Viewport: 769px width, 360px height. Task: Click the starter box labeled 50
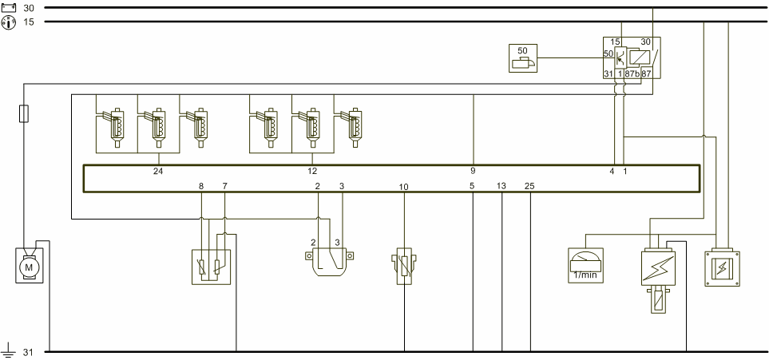(x=523, y=58)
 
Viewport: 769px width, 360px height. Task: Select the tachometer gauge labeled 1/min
(x=585, y=265)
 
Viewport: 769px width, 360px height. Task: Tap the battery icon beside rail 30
(x=9, y=7)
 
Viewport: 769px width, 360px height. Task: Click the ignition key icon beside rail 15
(x=9, y=22)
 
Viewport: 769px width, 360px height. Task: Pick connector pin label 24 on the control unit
(x=158, y=171)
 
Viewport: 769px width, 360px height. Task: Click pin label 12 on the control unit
(x=312, y=171)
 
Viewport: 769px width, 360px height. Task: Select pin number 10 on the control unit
(x=403, y=187)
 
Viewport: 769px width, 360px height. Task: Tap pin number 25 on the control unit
(x=529, y=186)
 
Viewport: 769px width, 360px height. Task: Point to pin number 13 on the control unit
(x=501, y=186)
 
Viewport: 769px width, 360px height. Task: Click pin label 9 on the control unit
(x=473, y=171)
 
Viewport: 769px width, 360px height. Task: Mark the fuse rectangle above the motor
(x=23, y=113)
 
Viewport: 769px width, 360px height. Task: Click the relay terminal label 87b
(x=632, y=73)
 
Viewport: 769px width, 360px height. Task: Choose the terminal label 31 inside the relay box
(x=608, y=73)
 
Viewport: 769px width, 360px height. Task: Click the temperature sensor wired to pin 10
(x=404, y=267)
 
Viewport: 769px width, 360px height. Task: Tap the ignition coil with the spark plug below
(x=658, y=280)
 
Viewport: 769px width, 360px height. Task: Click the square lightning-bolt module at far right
(x=722, y=268)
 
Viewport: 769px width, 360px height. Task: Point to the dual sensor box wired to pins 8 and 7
(x=211, y=267)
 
